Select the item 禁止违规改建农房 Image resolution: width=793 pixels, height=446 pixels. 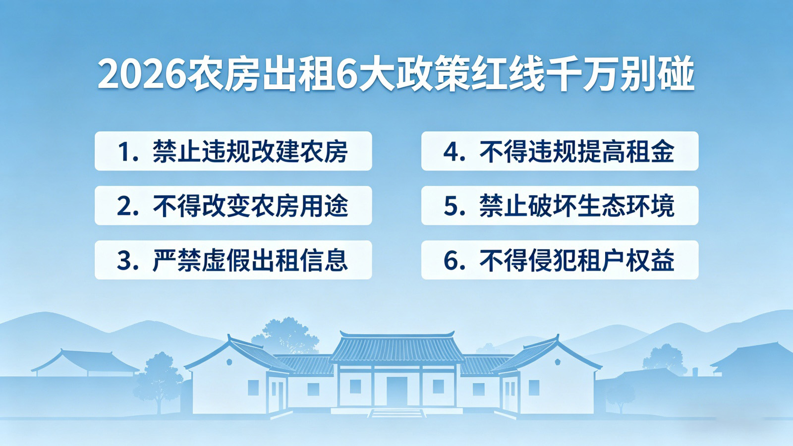(233, 151)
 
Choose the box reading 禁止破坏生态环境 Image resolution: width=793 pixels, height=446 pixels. (560, 206)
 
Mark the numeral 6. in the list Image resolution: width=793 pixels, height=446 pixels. (453, 261)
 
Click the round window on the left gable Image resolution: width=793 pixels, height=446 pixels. (229, 362)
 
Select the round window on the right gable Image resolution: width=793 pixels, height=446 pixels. (557, 361)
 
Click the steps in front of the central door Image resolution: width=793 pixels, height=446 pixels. (396, 412)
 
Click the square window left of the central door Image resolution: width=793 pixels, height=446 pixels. (355, 386)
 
